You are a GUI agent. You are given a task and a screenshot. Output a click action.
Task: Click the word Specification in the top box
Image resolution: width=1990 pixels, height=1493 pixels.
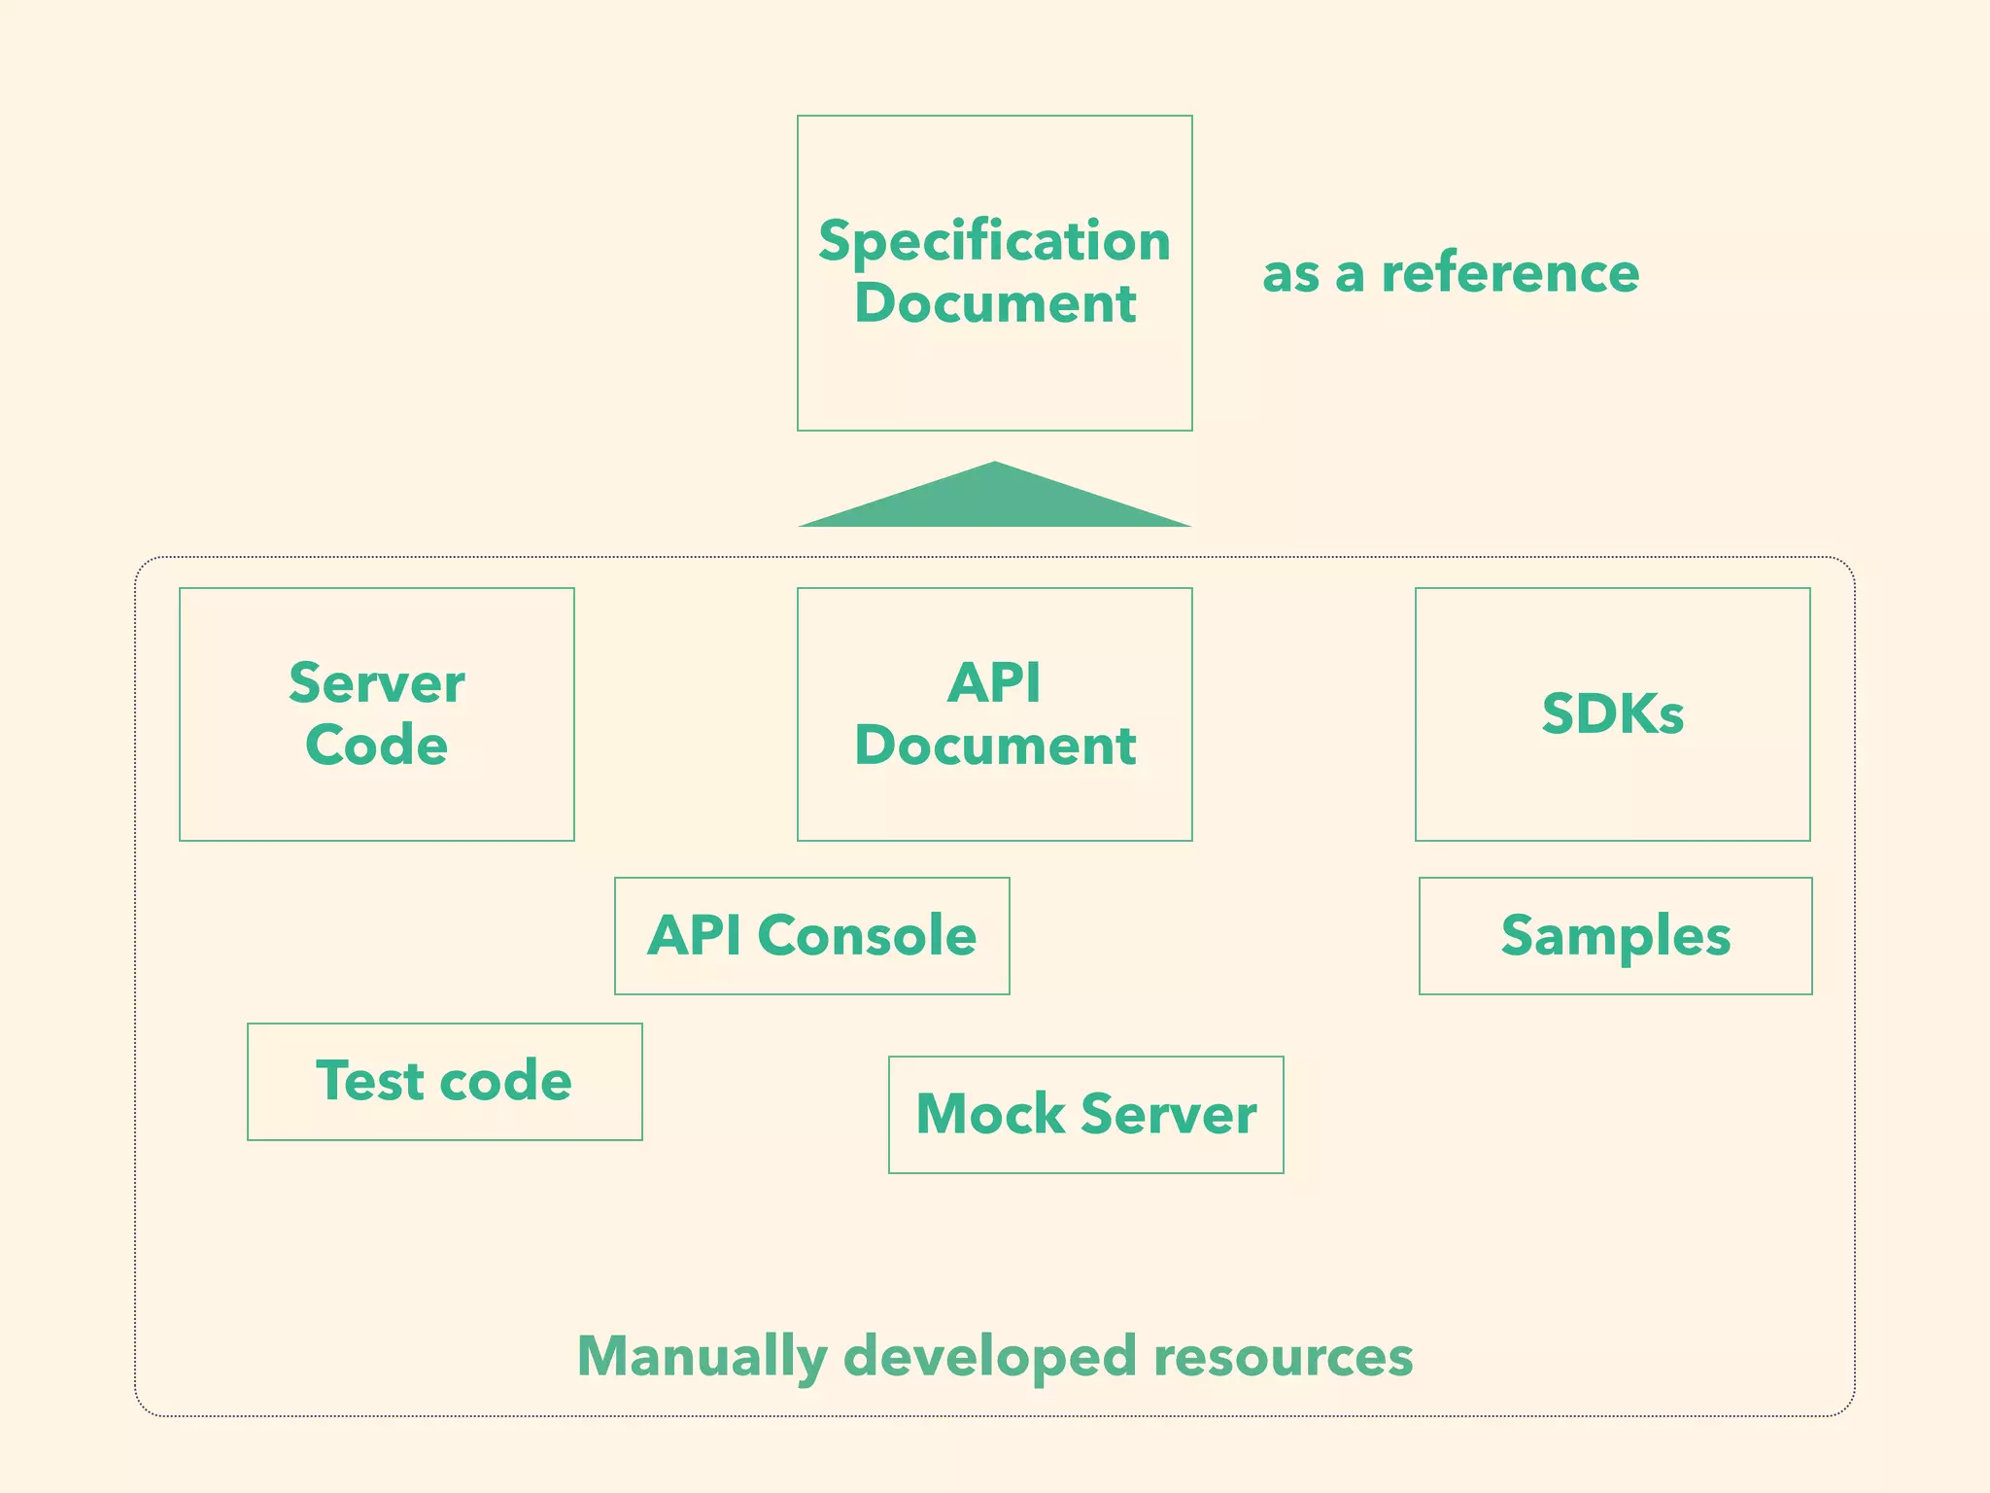point(994,241)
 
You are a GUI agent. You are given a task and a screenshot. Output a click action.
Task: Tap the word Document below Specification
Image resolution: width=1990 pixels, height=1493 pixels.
point(995,303)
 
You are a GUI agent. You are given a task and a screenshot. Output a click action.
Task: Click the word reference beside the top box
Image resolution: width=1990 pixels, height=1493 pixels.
point(1510,273)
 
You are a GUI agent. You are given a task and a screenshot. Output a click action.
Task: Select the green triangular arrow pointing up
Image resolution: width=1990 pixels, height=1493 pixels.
point(995,500)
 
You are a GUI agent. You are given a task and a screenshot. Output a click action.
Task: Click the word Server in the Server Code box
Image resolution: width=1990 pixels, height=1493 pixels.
point(377,682)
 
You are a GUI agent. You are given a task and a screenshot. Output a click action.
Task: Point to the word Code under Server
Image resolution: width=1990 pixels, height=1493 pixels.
point(377,746)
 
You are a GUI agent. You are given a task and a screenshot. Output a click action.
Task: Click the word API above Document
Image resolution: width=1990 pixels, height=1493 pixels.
point(994,682)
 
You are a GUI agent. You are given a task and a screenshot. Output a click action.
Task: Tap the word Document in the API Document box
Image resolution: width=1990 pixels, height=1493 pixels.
point(995,746)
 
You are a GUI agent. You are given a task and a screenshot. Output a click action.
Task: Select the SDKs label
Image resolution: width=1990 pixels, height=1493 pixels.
point(1612,714)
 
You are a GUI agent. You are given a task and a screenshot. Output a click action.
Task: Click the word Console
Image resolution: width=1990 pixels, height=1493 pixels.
point(867,935)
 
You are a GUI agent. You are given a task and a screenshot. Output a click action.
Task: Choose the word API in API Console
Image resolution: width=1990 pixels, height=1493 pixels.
point(695,935)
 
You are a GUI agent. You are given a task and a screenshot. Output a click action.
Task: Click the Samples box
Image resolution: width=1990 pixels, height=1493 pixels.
point(1615,935)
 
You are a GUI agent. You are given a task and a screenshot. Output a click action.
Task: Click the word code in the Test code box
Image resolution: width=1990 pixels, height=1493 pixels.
point(505,1081)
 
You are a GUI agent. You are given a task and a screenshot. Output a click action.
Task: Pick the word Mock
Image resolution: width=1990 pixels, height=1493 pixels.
point(990,1114)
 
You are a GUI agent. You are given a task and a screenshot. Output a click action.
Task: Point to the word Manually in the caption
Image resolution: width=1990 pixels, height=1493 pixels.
point(702,1356)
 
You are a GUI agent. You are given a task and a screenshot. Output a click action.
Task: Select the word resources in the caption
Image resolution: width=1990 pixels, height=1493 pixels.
point(1283,1356)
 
